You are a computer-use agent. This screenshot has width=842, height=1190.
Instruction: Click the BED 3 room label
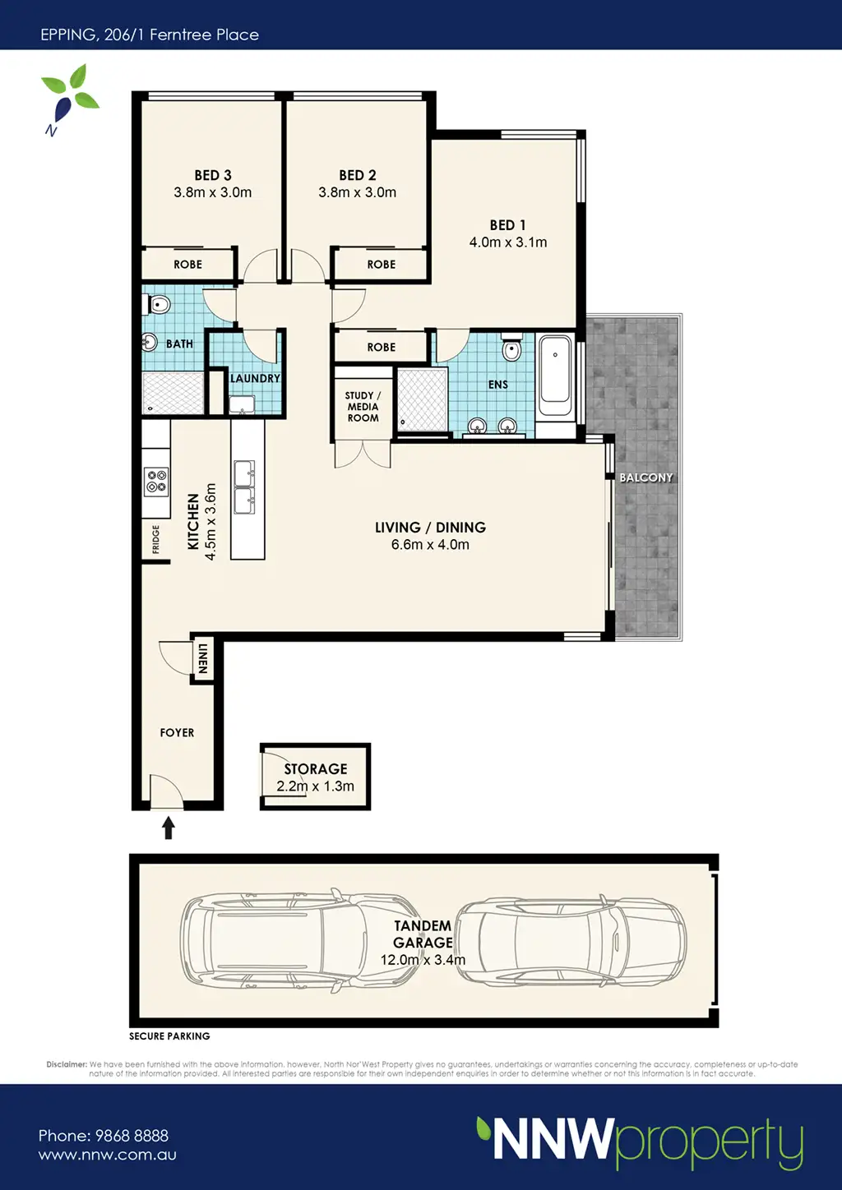tap(213, 175)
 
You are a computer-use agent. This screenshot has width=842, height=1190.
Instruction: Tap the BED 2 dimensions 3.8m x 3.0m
tap(357, 192)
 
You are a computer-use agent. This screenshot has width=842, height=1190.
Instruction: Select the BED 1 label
tap(507, 225)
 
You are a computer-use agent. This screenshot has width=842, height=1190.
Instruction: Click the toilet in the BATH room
tap(156, 304)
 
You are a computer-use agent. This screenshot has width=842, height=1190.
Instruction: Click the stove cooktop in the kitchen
tap(156, 482)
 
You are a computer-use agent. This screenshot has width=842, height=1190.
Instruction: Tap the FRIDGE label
tap(155, 539)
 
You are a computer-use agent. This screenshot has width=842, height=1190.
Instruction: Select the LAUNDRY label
tap(255, 378)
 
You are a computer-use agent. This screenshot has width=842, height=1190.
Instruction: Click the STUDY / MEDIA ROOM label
tap(363, 407)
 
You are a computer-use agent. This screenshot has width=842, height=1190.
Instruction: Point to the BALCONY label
tap(645, 477)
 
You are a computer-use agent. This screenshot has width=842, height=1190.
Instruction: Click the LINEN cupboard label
tap(202, 659)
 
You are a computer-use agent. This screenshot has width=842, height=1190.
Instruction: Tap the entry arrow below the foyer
tap(169, 828)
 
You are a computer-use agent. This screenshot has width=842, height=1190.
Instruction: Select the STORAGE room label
tap(315, 768)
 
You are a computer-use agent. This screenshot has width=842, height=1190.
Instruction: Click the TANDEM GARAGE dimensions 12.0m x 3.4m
tap(423, 960)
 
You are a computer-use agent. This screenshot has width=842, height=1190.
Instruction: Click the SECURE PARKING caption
tap(169, 1036)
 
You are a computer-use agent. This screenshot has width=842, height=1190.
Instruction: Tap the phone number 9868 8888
tap(132, 1136)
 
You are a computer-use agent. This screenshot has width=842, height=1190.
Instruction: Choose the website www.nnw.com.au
tap(108, 1155)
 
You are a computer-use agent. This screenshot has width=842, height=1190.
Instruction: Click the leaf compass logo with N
tap(69, 99)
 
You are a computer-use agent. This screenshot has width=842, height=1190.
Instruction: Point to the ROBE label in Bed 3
tap(187, 265)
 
